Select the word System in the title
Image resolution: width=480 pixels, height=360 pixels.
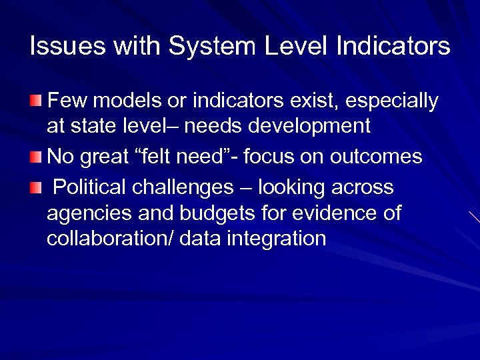point(213,47)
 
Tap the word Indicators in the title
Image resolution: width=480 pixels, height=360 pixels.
point(393,47)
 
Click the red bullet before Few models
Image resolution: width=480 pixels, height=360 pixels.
point(35,101)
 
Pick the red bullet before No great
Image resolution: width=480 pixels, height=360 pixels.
point(35,157)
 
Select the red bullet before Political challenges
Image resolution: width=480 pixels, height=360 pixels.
point(35,188)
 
